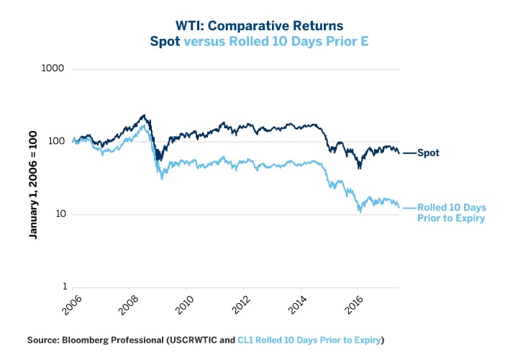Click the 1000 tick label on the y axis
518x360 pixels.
54,70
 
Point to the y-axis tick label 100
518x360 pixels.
56,142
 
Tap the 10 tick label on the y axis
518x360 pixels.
59,215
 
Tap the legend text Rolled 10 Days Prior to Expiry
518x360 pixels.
451,212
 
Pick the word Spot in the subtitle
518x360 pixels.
165,41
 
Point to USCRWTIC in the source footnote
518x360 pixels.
196,339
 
